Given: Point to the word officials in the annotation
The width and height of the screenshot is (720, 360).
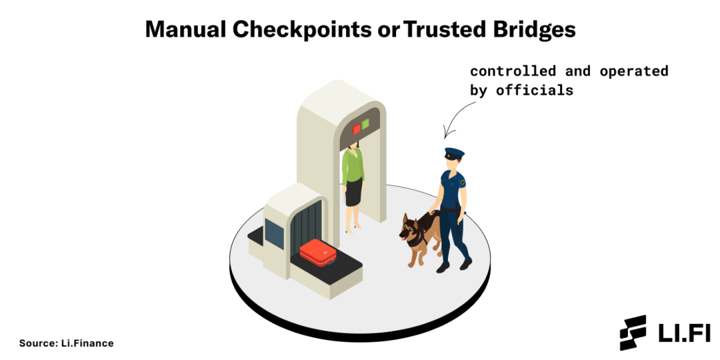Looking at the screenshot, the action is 535,91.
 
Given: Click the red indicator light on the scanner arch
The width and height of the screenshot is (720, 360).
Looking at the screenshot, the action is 356,129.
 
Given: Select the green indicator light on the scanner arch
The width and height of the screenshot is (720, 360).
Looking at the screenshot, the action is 365,124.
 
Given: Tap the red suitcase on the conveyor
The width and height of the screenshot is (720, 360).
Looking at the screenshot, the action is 319,251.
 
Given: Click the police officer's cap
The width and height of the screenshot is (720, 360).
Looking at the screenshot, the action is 454,153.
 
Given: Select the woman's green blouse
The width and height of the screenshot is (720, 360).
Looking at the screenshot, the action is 353,167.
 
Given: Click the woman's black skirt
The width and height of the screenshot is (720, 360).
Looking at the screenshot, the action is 354,192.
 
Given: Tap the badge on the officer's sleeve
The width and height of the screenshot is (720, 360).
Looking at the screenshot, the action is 462,182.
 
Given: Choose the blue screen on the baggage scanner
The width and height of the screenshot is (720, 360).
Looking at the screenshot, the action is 274,233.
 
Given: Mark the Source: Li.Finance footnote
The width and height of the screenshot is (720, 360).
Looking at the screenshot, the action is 66,343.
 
